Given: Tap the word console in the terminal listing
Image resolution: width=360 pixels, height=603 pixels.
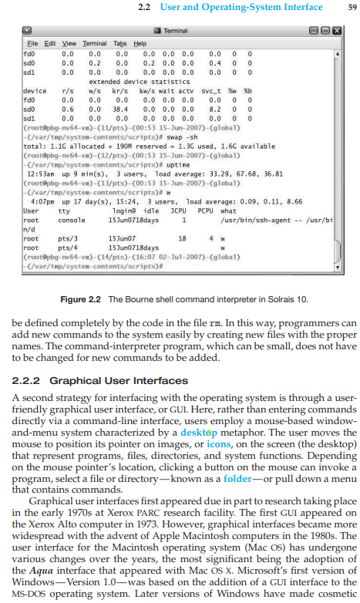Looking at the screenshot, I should point(72,220).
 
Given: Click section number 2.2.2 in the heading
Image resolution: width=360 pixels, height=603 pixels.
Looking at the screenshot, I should point(31,380).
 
